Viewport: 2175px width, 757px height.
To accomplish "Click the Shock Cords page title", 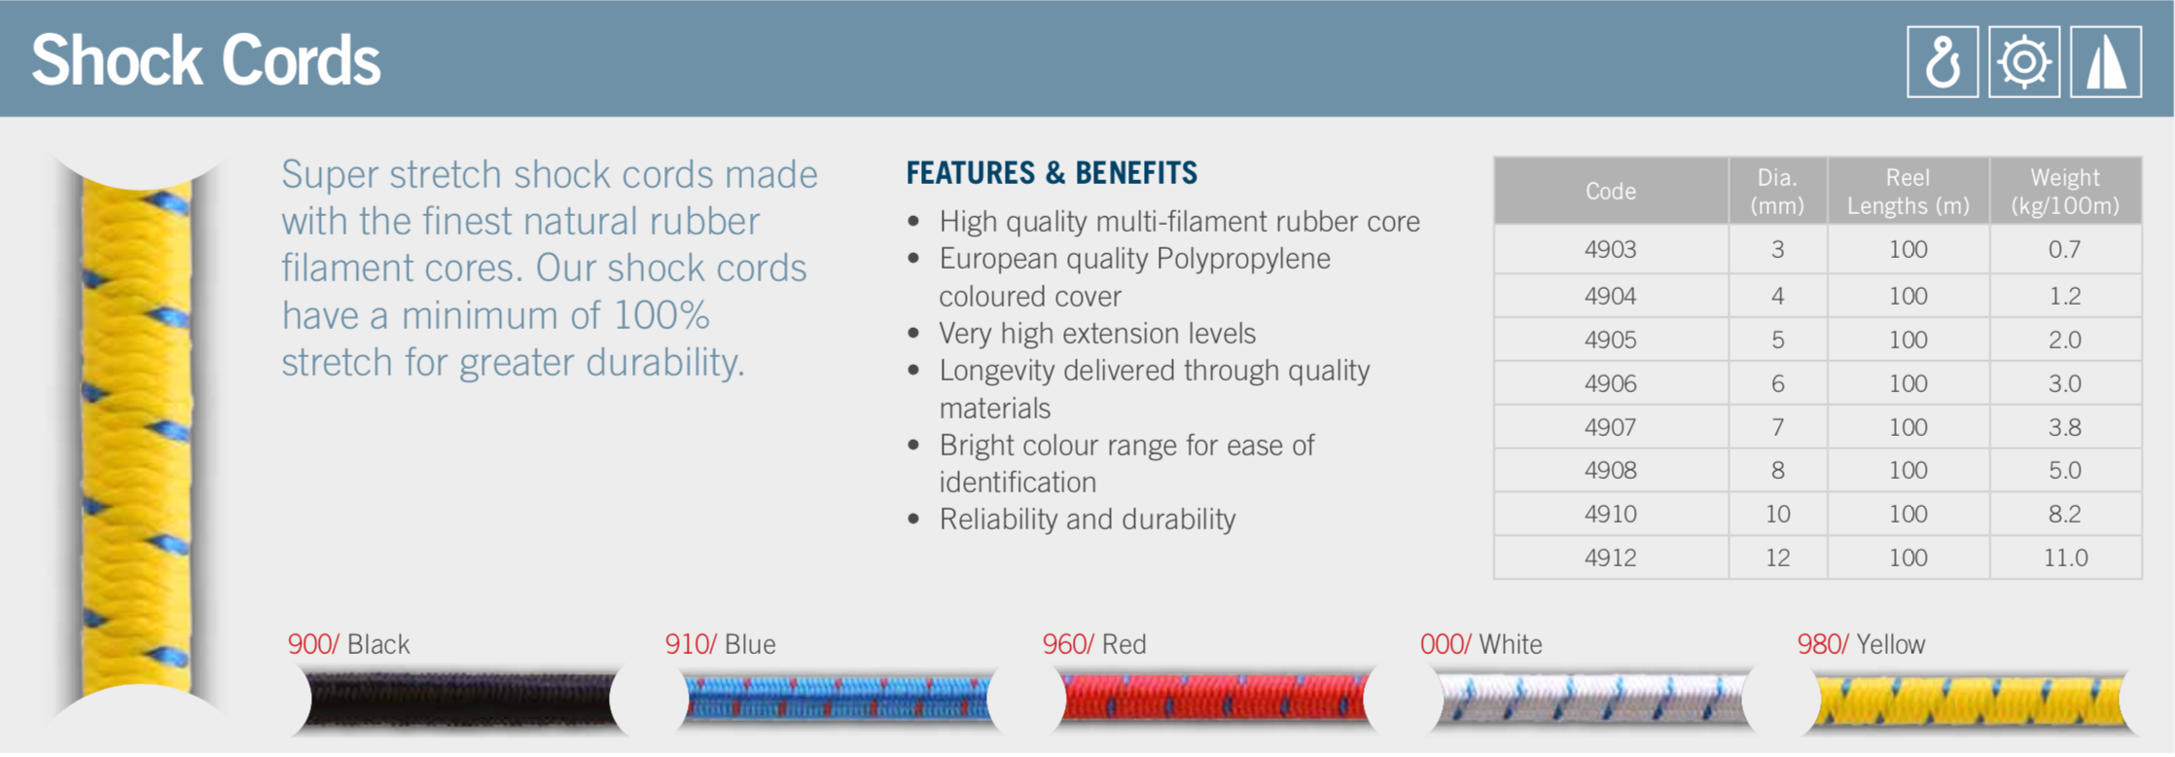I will pos(205,60).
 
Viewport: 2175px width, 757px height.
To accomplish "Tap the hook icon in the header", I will pos(1942,62).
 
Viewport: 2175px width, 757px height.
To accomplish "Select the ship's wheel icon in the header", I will pos(2023,62).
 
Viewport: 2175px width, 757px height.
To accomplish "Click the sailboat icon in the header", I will pos(2105,62).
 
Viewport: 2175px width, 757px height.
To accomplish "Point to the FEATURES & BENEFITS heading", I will pos(1052,173).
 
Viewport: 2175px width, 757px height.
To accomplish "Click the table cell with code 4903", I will pos(1610,250).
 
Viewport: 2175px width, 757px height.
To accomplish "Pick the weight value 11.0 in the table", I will pos(2065,558).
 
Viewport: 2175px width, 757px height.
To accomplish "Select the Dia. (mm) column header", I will pos(1777,192).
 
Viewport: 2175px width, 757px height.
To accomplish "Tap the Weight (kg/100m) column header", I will pos(2065,192).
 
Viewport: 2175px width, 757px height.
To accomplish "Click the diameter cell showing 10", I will pos(1777,514).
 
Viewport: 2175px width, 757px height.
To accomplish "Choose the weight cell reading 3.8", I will pos(2065,427).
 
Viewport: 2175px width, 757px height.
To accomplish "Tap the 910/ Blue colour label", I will pos(720,644).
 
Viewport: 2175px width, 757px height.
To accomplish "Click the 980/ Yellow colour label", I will pos(1861,644).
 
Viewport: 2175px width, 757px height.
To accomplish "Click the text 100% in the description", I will pos(661,315).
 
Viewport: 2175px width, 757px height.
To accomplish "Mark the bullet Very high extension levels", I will pos(1096,334).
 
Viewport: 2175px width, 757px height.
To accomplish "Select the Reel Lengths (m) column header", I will pos(1908,192).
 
